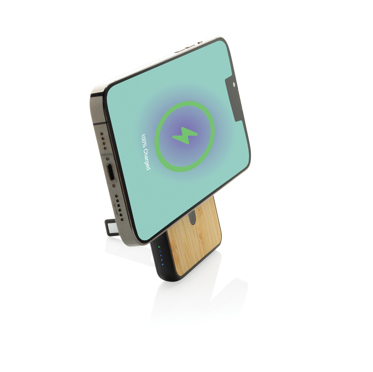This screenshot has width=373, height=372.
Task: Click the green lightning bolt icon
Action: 185,136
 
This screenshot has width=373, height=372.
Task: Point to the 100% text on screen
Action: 144,140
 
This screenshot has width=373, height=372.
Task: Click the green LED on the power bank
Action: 158,247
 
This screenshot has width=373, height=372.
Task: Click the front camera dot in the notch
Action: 233,85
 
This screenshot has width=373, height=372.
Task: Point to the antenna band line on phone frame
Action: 98,124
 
